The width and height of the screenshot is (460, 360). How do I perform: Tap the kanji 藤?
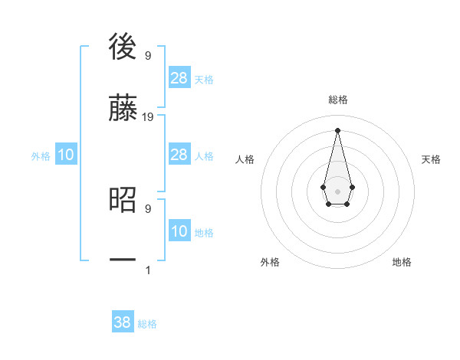123,108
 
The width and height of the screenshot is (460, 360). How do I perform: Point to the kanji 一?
123,261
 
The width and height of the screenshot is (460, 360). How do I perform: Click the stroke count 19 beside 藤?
148,116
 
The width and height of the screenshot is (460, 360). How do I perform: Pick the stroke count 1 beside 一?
148,270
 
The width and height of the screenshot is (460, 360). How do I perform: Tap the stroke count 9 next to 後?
147,55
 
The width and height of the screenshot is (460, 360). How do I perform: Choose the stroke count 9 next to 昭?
147,208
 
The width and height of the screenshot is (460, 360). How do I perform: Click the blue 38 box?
123,322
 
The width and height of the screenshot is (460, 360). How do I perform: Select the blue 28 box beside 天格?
179,77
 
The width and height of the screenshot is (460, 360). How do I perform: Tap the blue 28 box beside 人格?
179,155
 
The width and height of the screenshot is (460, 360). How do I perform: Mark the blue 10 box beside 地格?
179,231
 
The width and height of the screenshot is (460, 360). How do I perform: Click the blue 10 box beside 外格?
66,155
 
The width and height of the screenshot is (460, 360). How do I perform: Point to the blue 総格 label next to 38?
147,324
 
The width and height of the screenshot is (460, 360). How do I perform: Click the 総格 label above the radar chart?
337,100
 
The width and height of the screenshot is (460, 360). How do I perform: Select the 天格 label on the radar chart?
431,159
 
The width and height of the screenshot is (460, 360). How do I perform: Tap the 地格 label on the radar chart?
402,262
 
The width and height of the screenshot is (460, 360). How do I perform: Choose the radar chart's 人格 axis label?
245,159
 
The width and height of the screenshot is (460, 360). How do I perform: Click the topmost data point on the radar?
337,129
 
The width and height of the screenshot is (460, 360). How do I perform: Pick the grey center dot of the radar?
337,190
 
